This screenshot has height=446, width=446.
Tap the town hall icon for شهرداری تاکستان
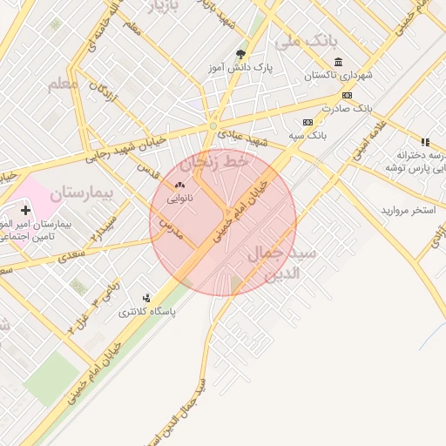coord(338,62)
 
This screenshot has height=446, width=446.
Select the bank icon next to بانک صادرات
coord(347,95)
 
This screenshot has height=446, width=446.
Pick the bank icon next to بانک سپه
coord(307,123)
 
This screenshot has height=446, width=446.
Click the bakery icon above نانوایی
coord(180,185)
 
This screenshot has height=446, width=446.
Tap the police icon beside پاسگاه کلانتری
coord(145,297)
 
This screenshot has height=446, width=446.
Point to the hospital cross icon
coord(25,210)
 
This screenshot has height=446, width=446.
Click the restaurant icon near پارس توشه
coord(425,142)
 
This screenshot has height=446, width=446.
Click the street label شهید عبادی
coord(244,137)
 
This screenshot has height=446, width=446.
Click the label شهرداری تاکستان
coord(338,76)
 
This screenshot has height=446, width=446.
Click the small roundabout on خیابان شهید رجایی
coord(212,126)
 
